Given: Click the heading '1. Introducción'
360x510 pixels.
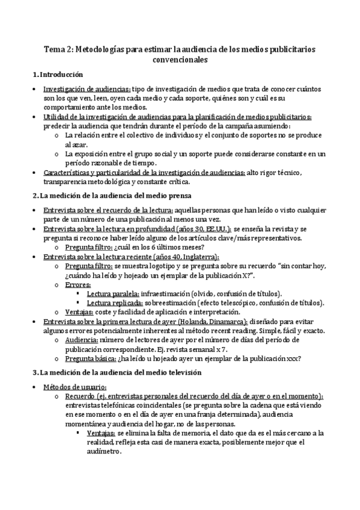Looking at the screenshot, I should tap(56, 75).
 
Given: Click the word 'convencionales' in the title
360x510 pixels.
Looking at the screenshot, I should tap(180, 60).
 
